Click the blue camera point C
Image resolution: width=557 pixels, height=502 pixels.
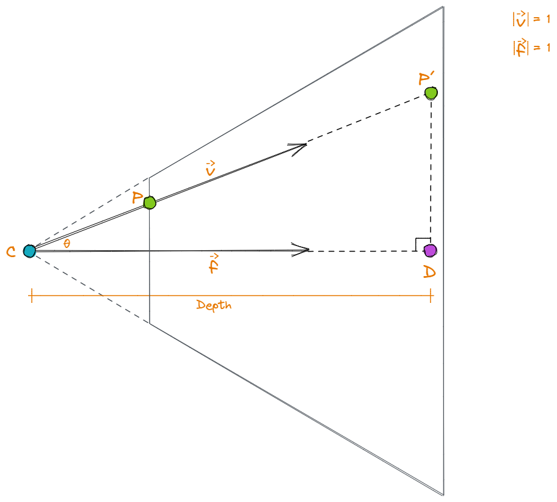(x=29, y=251)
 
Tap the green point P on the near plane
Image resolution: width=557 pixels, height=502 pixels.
(x=150, y=203)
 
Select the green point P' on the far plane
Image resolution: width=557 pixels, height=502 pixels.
(x=431, y=93)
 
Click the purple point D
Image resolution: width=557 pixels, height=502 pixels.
(x=430, y=251)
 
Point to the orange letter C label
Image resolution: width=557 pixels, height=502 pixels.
(x=11, y=252)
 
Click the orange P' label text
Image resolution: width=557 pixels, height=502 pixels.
(x=426, y=79)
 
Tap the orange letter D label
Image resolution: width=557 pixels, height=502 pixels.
(x=429, y=272)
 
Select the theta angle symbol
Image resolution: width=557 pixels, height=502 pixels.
(x=67, y=243)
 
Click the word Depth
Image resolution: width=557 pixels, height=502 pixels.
(x=214, y=305)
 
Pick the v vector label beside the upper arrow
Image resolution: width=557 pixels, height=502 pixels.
(x=210, y=169)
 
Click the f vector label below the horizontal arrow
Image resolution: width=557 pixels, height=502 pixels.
(x=214, y=263)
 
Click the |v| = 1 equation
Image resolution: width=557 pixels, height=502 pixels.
(x=531, y=19)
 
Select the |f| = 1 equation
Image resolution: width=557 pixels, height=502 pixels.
(x=531, y=48)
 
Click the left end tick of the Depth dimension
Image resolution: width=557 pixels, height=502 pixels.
(x=32, y=296)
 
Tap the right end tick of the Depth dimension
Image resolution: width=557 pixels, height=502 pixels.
(x=431, y=296)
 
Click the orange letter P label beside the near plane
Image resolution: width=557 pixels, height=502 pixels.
(x=137, y=197)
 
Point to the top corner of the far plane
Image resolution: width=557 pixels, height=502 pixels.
(x=443, y=6)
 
